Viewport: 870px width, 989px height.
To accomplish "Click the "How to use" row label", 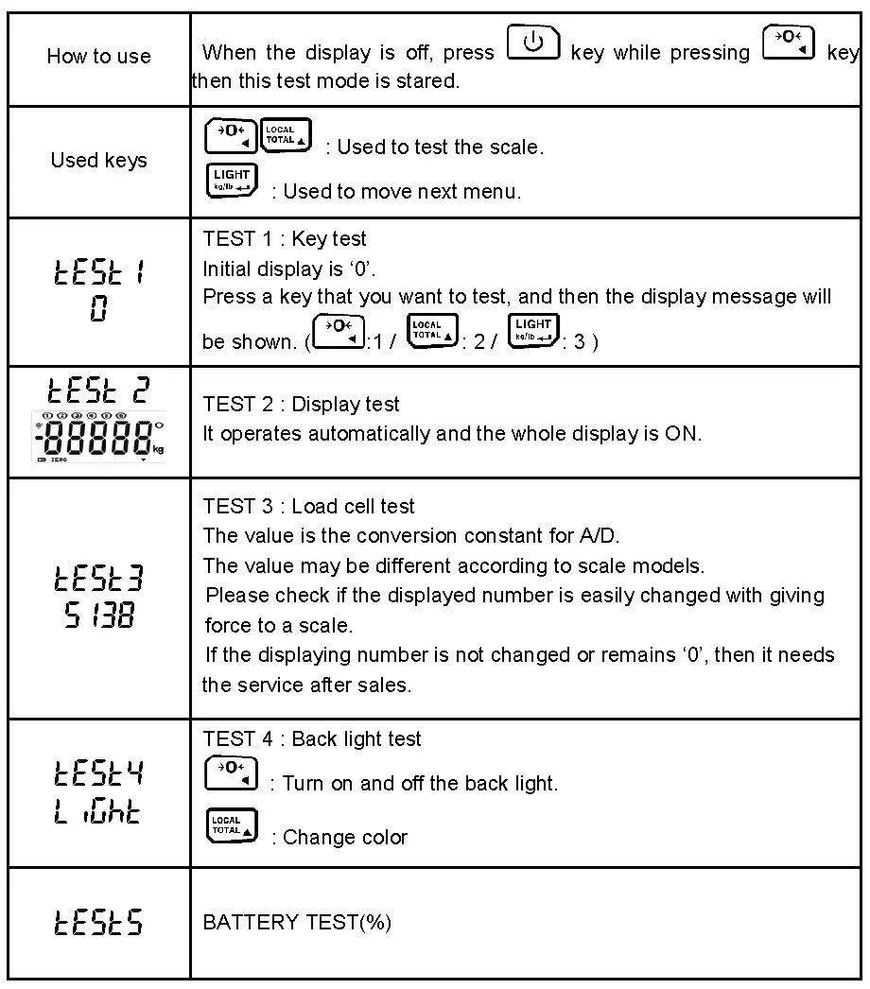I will (x=98, y=57).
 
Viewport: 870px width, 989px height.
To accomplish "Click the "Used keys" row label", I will (x=98, y=160).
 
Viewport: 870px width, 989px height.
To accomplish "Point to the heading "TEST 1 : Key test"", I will (x=285, y=240).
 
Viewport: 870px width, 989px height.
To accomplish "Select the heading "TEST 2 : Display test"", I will (x=301, y=404).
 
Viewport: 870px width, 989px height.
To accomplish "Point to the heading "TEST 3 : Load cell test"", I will (x=308, y=507).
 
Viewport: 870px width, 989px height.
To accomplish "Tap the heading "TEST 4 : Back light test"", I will (x=312, y=738).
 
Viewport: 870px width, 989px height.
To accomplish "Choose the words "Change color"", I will (x=345, y=837).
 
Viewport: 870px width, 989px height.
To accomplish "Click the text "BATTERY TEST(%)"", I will (x=297, y=922).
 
